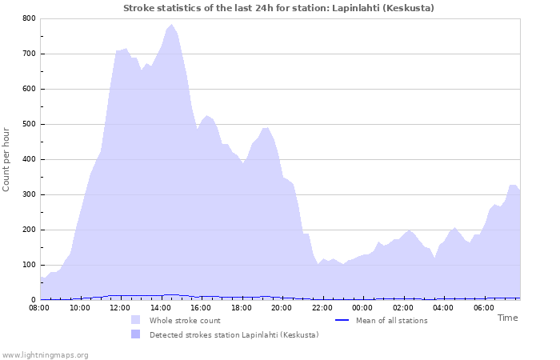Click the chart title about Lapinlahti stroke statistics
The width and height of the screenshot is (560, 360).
[x=279, y=8]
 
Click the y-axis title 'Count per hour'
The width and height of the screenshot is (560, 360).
[x=7, y=158]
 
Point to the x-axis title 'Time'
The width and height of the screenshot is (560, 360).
[x=507, y=318]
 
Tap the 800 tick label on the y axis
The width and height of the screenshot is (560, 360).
[x=29, y=18]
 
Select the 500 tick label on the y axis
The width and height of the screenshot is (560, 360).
[x=29, y=124]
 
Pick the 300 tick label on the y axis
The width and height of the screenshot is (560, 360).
[x=29, y=194]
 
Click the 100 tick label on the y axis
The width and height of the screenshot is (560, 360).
[x=29, y=265]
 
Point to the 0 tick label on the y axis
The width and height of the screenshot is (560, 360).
[x=33, y=300]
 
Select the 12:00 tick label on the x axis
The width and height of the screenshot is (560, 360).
[x=119, y=308]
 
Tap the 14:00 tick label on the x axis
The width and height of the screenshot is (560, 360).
[x=160, y=308]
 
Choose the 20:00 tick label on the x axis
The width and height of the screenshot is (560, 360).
[x=282, y=308]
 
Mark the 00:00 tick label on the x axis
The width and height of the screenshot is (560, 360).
[x=362, y=308]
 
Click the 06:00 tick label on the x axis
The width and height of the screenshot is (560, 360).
[x=484, y=308]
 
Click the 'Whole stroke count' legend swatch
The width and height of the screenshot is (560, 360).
[x=135, y=320]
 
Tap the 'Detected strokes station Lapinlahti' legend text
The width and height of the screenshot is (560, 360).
[x=234, y=335]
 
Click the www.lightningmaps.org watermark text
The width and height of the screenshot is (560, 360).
[x=45, y=354]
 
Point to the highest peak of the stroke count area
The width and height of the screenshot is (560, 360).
[x=171, y=25]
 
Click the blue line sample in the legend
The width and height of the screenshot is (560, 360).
[x=342, y=320]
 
